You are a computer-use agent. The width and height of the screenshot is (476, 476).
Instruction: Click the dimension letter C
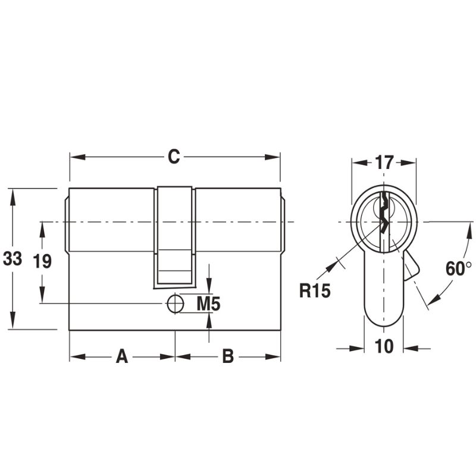[173, 157]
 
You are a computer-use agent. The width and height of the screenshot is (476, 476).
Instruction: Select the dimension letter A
[121, 357]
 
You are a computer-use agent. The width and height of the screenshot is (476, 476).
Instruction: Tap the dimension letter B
[228, 357]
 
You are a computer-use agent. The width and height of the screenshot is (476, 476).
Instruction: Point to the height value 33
[12, 259]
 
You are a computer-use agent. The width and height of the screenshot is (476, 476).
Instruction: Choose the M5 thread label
[209, 304]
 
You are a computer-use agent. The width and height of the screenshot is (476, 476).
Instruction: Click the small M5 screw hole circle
[175, 303]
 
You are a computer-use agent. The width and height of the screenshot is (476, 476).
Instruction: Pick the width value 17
[384, 162]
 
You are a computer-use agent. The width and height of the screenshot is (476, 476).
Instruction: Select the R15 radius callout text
[314, 292]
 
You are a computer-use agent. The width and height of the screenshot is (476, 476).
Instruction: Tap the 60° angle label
[458, 268]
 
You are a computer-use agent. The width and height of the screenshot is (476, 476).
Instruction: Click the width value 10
[384, 346]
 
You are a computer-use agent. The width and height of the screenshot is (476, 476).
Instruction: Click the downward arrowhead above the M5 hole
[209, 288]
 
